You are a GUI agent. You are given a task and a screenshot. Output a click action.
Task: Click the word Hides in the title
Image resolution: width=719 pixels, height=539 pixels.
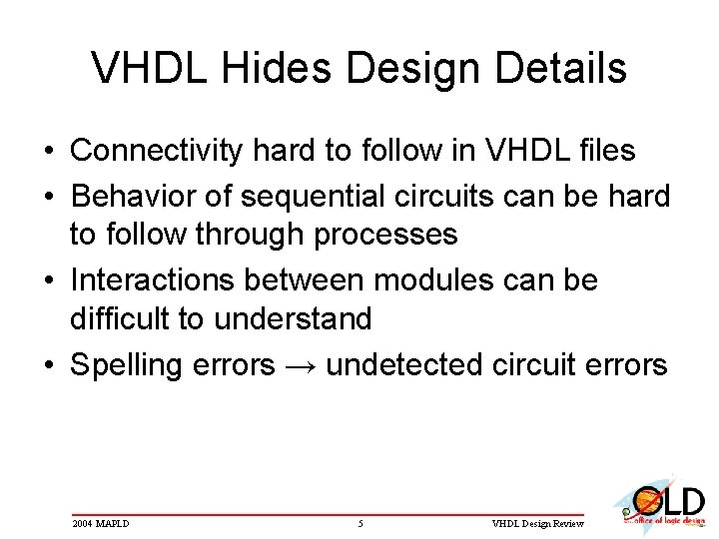[263, 69]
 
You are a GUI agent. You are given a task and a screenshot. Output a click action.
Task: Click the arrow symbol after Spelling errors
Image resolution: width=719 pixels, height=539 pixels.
[300, 365]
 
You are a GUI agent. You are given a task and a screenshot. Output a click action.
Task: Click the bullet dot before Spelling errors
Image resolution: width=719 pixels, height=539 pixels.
[48, 365]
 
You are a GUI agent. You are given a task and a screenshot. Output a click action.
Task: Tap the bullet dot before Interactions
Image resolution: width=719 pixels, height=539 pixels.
[48, 279]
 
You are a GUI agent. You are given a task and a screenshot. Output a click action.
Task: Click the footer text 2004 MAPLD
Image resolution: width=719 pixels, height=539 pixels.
[101, 524]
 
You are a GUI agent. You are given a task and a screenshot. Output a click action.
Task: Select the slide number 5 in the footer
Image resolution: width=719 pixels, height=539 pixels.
[360, 524]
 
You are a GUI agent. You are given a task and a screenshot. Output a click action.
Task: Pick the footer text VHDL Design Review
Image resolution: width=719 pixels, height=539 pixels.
[540, 524]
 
